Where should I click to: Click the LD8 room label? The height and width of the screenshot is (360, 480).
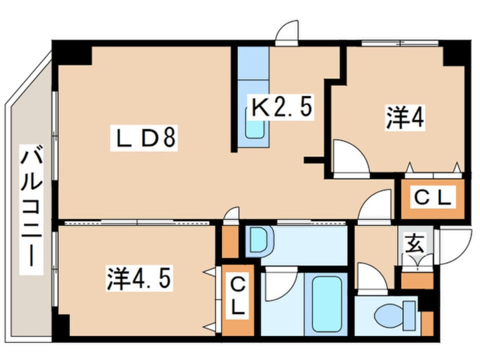144,139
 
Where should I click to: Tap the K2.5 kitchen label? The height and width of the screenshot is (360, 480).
281,107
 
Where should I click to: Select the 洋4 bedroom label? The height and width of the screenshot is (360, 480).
405,118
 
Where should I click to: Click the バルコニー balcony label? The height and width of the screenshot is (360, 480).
31,210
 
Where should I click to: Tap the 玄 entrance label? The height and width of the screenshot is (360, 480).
415,244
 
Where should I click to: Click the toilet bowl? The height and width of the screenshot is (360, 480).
395,316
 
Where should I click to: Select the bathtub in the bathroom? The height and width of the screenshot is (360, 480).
327,304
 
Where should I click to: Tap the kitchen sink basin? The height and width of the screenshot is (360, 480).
255,123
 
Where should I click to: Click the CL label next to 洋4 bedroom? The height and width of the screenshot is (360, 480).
432,198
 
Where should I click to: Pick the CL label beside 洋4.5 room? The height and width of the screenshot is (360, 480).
238,296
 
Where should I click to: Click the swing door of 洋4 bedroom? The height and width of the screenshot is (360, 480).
351,158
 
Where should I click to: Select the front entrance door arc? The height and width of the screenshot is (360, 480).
453,246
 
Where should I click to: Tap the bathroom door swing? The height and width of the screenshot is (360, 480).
280,284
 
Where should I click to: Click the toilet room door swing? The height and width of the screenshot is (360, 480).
372,278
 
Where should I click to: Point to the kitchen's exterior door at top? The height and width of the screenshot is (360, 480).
287,33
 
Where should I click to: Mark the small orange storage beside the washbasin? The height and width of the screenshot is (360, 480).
230,242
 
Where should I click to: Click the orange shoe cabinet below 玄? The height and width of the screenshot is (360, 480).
417,281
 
